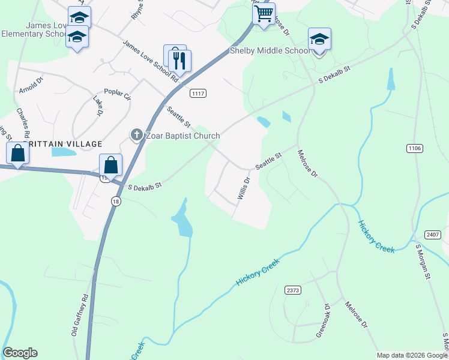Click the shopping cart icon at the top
(x=264, y=14)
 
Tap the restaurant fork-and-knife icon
(x=179, y=60)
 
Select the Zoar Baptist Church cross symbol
(x=137, y=136)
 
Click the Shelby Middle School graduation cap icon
(x=319, y=40)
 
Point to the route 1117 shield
(x=198, y=94)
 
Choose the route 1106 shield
(x=414, y=148)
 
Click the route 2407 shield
(x=433, y=235)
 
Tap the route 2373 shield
(x=292, y=290)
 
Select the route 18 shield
(x=115, y=202)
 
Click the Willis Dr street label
(x=243, y=188)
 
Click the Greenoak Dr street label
(x=324, y=322)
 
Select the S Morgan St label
(x=423, y=264)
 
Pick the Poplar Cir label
(x=117, y=94)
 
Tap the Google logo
(x=20, y=353)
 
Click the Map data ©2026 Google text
(x=411, y=355)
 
